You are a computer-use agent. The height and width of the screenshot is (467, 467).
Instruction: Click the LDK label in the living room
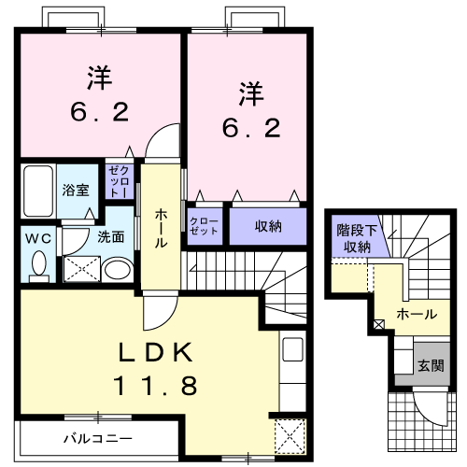pyautogui.click(x=155, y=352)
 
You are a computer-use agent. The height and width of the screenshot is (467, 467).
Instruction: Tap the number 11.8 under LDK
pyautogui.click(x=156, y=384)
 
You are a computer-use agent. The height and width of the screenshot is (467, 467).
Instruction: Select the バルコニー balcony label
pyautogui.click(x=98, y=436)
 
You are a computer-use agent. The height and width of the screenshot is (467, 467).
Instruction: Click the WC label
pyautogui.click(x=37, y=237)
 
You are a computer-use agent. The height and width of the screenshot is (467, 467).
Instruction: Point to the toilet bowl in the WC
pyautogui.click(x=38, y=265)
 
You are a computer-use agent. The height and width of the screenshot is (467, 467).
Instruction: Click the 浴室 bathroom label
pyautogui.click(x=76, y=190)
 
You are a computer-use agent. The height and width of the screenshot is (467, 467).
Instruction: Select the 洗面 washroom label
pyautogui.click(x=111, y=236)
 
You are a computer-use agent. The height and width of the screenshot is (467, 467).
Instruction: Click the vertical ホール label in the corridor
pyautogui.click(x=160, y=227)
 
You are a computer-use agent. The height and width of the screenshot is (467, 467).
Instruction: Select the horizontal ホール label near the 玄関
pyautogui.click(x=417, y=315)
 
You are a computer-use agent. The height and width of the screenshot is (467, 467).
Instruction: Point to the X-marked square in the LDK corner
pyautogui.click(x=289, y=434)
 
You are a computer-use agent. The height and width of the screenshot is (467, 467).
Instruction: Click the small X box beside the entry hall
pyautogui.click(x=378, y=325)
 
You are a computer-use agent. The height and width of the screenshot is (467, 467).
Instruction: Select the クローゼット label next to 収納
pyautogui.click(x=205, y=226)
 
